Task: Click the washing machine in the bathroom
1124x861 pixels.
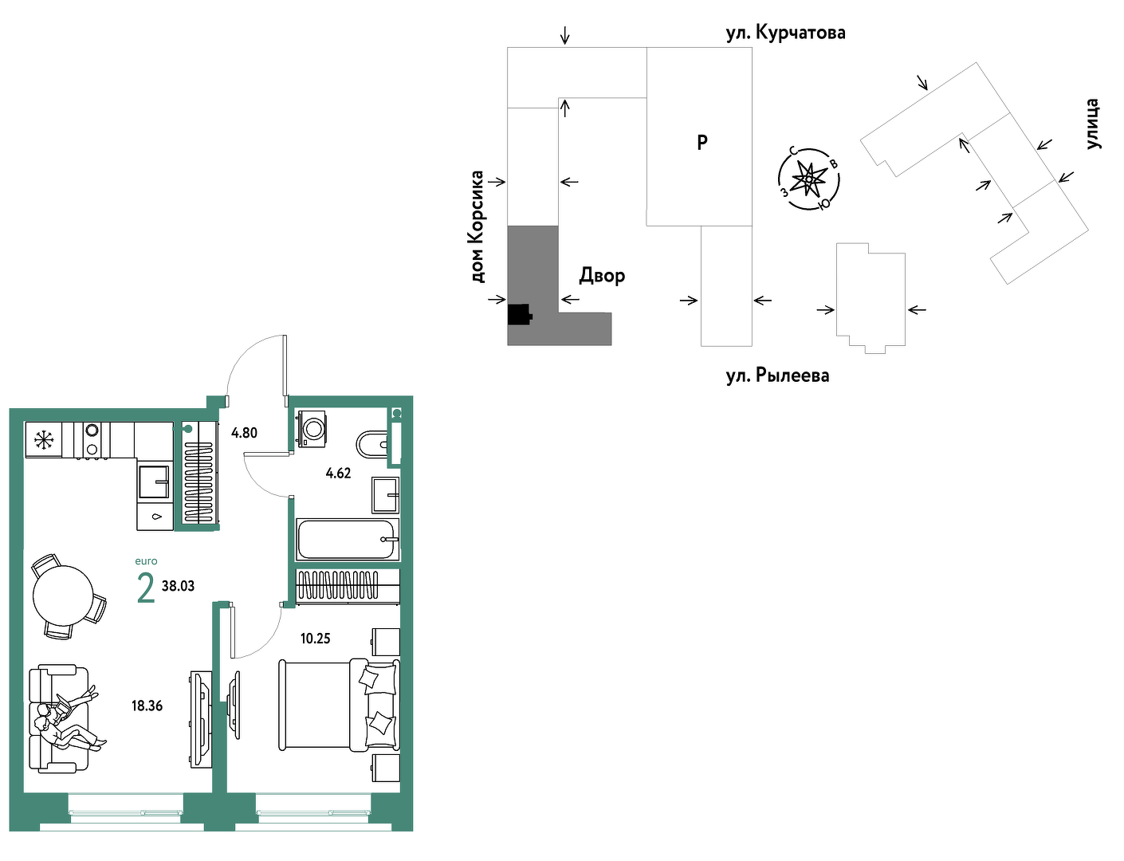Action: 312,428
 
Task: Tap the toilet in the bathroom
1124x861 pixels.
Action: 372,444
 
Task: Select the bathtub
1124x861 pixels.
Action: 347,540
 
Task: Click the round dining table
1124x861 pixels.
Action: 63,596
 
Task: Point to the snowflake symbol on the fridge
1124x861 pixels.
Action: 44,440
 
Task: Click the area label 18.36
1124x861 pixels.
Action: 147,706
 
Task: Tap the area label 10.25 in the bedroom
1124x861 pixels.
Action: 315,638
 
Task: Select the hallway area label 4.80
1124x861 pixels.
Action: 244,432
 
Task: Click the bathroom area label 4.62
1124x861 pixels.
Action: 338,473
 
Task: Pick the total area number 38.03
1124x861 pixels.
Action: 178,586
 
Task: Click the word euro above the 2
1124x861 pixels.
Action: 146,561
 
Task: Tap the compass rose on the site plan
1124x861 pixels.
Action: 808,179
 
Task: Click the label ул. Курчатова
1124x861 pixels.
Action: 786,33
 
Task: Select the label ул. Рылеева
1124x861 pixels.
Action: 777,375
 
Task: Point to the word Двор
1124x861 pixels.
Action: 602,276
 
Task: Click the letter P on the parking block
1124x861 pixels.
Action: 702,142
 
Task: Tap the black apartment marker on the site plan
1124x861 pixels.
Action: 519,314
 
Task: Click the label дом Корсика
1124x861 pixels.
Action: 477,226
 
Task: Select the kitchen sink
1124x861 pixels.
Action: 154,482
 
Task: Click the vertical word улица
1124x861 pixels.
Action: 1092,124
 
